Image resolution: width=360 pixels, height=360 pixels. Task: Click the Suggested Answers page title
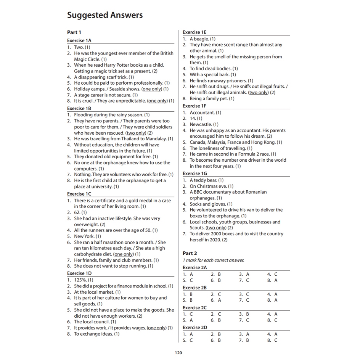pyautogui.click(x=105, y=15)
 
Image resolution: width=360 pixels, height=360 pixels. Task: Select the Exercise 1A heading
pyautogui.click(x=79, y=40)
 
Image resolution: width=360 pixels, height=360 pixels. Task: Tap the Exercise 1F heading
pyautogui.click(x=194, y=106)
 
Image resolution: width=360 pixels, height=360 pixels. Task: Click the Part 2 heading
pyautogui.click(x=190, y=253)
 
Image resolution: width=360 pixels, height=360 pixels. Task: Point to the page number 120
pyautogui.click(x=178, y=353)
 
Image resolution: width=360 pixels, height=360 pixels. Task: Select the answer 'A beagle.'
pyautogui.click(x=200, y=39)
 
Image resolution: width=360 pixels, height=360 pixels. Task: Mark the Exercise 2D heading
pyautogui.click(x=195, y=328)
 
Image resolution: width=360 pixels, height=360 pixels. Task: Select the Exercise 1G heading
pyautogui.click(x=195, y=174)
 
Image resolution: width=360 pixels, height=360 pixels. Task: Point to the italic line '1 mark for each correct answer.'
pyautogui.click(x=214, y=260)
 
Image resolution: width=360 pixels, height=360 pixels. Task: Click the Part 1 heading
pyautogui.click(x=74, y=32)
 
